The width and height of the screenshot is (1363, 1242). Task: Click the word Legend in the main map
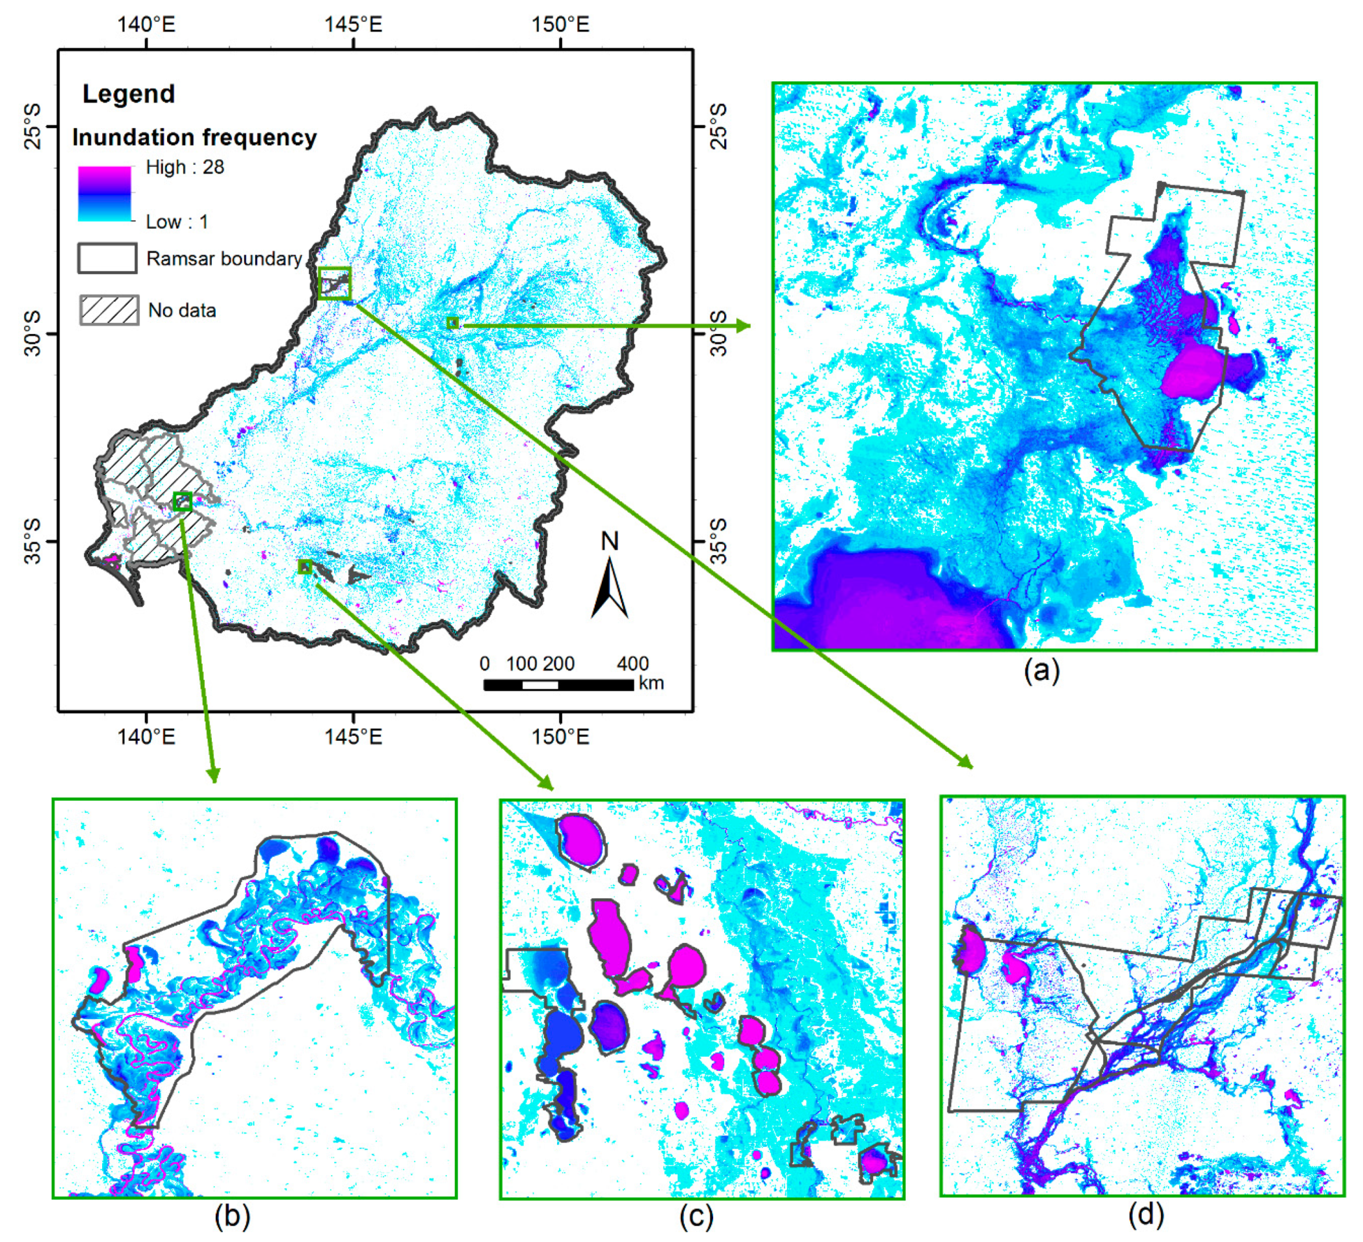128,94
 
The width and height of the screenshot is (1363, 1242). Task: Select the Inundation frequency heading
194,138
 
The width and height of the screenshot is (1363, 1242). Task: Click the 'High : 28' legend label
185,167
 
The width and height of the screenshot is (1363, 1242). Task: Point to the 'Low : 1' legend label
176,222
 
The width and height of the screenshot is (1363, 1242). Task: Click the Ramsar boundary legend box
107,258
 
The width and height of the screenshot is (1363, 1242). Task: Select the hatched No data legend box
109,310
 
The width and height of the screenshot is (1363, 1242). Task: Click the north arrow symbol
610,585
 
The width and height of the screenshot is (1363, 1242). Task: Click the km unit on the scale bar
651,683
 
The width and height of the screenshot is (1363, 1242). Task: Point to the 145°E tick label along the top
353,25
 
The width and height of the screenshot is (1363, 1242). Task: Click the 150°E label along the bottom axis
560,737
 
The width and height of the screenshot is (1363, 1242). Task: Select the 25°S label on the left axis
32,126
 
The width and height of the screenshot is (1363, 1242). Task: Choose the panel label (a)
1041,671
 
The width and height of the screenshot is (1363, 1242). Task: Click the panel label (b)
232,1216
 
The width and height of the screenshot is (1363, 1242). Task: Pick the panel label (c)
696,1216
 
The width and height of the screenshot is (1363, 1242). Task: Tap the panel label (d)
1146,1214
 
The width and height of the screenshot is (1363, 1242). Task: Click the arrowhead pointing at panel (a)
744,326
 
